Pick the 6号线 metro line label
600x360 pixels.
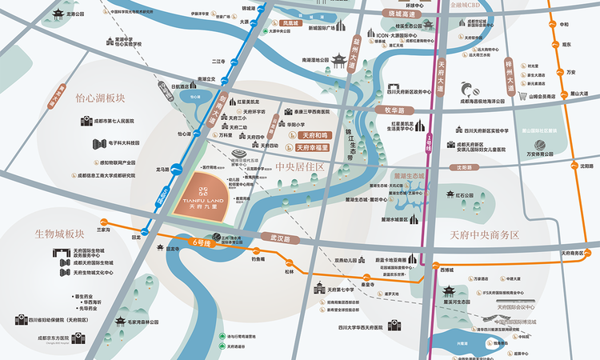click(x=205, y=242)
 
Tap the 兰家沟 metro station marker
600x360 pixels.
click(x=103, y=222)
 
